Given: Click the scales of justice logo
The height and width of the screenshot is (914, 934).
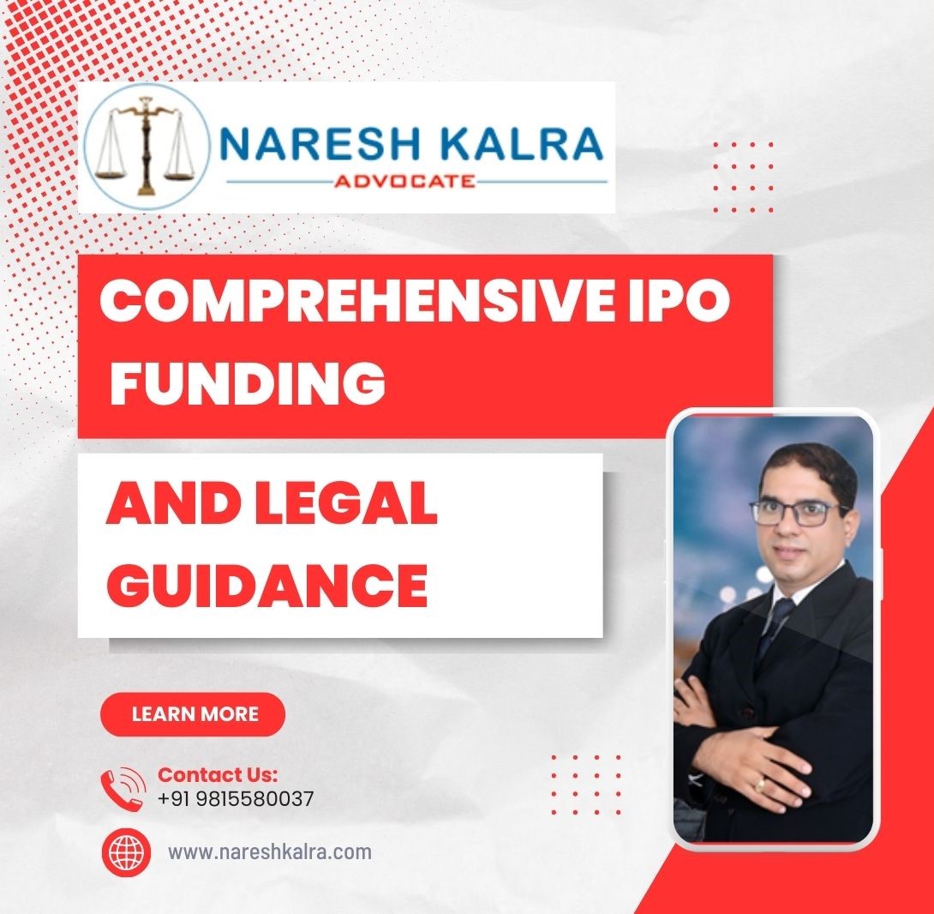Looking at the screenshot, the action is pyautogui.click(x=147, y=147).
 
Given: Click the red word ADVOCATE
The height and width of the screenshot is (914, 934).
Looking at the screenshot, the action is pyautogui.click(x=404, y=180).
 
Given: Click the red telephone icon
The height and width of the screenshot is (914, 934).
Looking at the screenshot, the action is pyautogui.click(x=123, y=788).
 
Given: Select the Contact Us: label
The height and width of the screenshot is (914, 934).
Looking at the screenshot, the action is pyautogui.click(x=218, y=774).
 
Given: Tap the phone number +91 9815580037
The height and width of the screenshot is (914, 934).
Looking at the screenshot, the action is pyautogui.click(x=236, y=798).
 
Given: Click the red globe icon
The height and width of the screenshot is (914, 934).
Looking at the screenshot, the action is pyautogui.click(x=125, y=853).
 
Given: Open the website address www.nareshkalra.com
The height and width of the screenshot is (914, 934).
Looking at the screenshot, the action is pyautogui.click(x=270, y=852).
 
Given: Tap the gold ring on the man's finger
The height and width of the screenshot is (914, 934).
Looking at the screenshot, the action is pyautogui.click(x=761, y=785).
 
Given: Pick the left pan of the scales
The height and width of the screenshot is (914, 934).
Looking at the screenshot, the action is pyautogui.click(x=111, y=173).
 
